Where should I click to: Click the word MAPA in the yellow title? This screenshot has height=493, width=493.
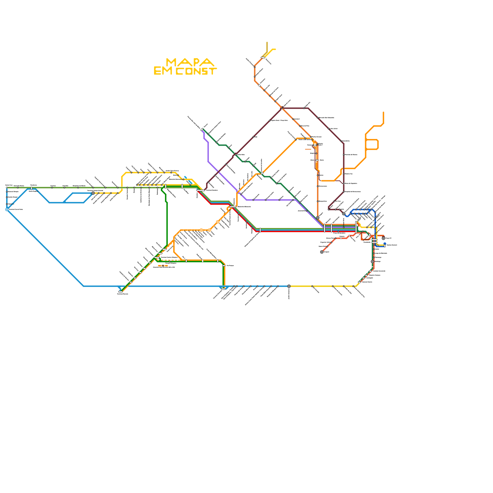point(189,63)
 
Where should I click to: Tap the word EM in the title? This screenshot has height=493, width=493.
point(163,71)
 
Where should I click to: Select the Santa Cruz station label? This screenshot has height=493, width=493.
point(9,185)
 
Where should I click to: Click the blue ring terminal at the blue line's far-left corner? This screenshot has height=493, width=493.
point(7,210)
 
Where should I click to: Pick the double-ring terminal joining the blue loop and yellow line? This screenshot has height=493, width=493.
point(93,193)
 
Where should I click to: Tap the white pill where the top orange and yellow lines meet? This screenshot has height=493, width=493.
point(263,57)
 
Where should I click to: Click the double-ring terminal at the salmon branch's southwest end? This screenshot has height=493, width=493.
point(322,252)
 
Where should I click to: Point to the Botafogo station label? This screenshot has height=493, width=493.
point(377,261)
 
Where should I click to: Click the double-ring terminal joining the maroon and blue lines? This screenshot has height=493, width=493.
point(344,214)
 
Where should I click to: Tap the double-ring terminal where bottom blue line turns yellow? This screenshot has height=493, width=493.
point(289,286)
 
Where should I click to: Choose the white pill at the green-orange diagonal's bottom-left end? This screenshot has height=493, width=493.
point(120,291)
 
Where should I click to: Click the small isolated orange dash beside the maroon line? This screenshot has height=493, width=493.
point(308,149)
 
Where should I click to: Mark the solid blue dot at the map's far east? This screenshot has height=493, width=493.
point(385,244)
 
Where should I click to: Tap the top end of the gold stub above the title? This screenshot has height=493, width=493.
point(267,43)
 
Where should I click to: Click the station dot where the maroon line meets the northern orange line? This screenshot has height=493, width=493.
point(282,108)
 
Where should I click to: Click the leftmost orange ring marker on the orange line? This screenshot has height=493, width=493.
point(201,230)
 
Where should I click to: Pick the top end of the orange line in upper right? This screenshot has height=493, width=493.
point(383,112)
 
